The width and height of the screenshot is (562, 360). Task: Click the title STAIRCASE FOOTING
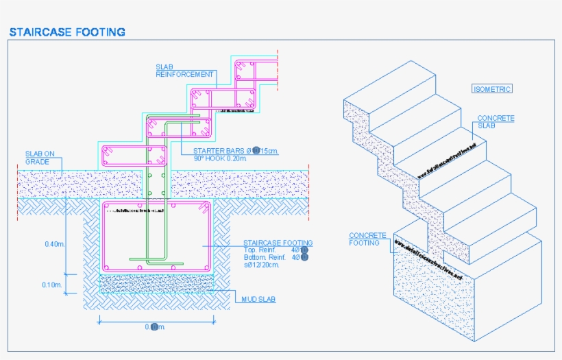click(66, 32)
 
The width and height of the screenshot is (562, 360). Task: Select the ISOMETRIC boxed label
click(492, 88)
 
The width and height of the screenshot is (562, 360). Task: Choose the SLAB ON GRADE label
click(40, 158)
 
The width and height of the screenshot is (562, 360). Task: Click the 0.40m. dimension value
click(54, 244)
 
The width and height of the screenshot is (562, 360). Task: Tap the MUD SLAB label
click(258, 300)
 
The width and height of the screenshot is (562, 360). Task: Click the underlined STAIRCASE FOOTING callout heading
click(278, 243)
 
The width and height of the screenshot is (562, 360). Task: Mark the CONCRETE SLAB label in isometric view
click(496, 122)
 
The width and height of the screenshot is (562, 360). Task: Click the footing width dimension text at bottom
click(155, 327)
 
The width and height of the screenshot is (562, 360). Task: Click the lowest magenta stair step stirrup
click(134, 156)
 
